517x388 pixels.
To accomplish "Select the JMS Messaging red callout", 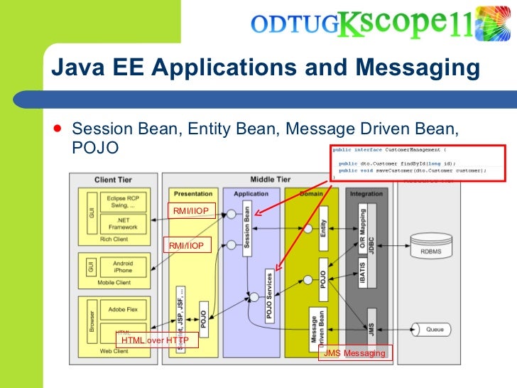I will (x=354, y=353).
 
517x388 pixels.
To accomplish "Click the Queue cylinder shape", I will (x=434, y=329).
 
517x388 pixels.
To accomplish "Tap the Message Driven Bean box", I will (x=317, y=329).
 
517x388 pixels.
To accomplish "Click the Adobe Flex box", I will (x=123, y=310).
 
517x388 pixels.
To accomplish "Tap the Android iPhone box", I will (x=123, y=267).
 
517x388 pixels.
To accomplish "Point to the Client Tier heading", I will (x=113, y=180).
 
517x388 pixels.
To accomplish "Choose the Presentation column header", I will (x=192, y=193).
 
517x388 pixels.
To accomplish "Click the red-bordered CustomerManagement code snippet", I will (x=418, y=163).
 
